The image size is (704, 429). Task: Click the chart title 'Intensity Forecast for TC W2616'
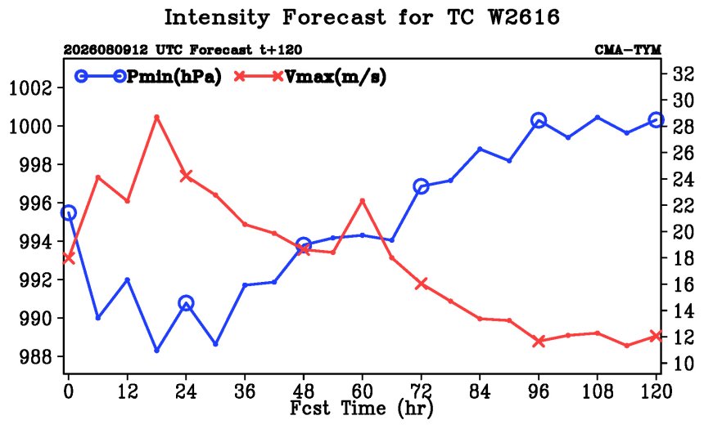[362, 17]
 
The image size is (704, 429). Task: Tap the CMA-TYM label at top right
[628, 49]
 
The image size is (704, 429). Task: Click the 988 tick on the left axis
[36, 357]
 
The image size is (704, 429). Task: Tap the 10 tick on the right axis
[684, 363]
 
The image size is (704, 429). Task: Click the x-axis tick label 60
[362, 391]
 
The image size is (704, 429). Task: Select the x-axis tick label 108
[597, 391]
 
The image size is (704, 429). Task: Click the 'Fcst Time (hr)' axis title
[362, 408]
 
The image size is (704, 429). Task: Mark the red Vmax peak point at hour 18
[156, 117]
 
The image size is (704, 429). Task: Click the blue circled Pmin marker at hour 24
[186, 303]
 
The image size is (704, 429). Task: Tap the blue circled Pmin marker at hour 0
[68, 213]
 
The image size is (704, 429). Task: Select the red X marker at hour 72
[421, 284]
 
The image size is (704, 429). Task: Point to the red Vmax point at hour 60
[363, 201]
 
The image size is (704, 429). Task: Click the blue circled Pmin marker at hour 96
[539, 120]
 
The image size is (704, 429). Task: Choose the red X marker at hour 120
[657, 336]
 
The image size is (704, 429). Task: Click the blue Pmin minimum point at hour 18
[156, 350]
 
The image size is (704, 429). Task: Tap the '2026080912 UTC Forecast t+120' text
[183, 49]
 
